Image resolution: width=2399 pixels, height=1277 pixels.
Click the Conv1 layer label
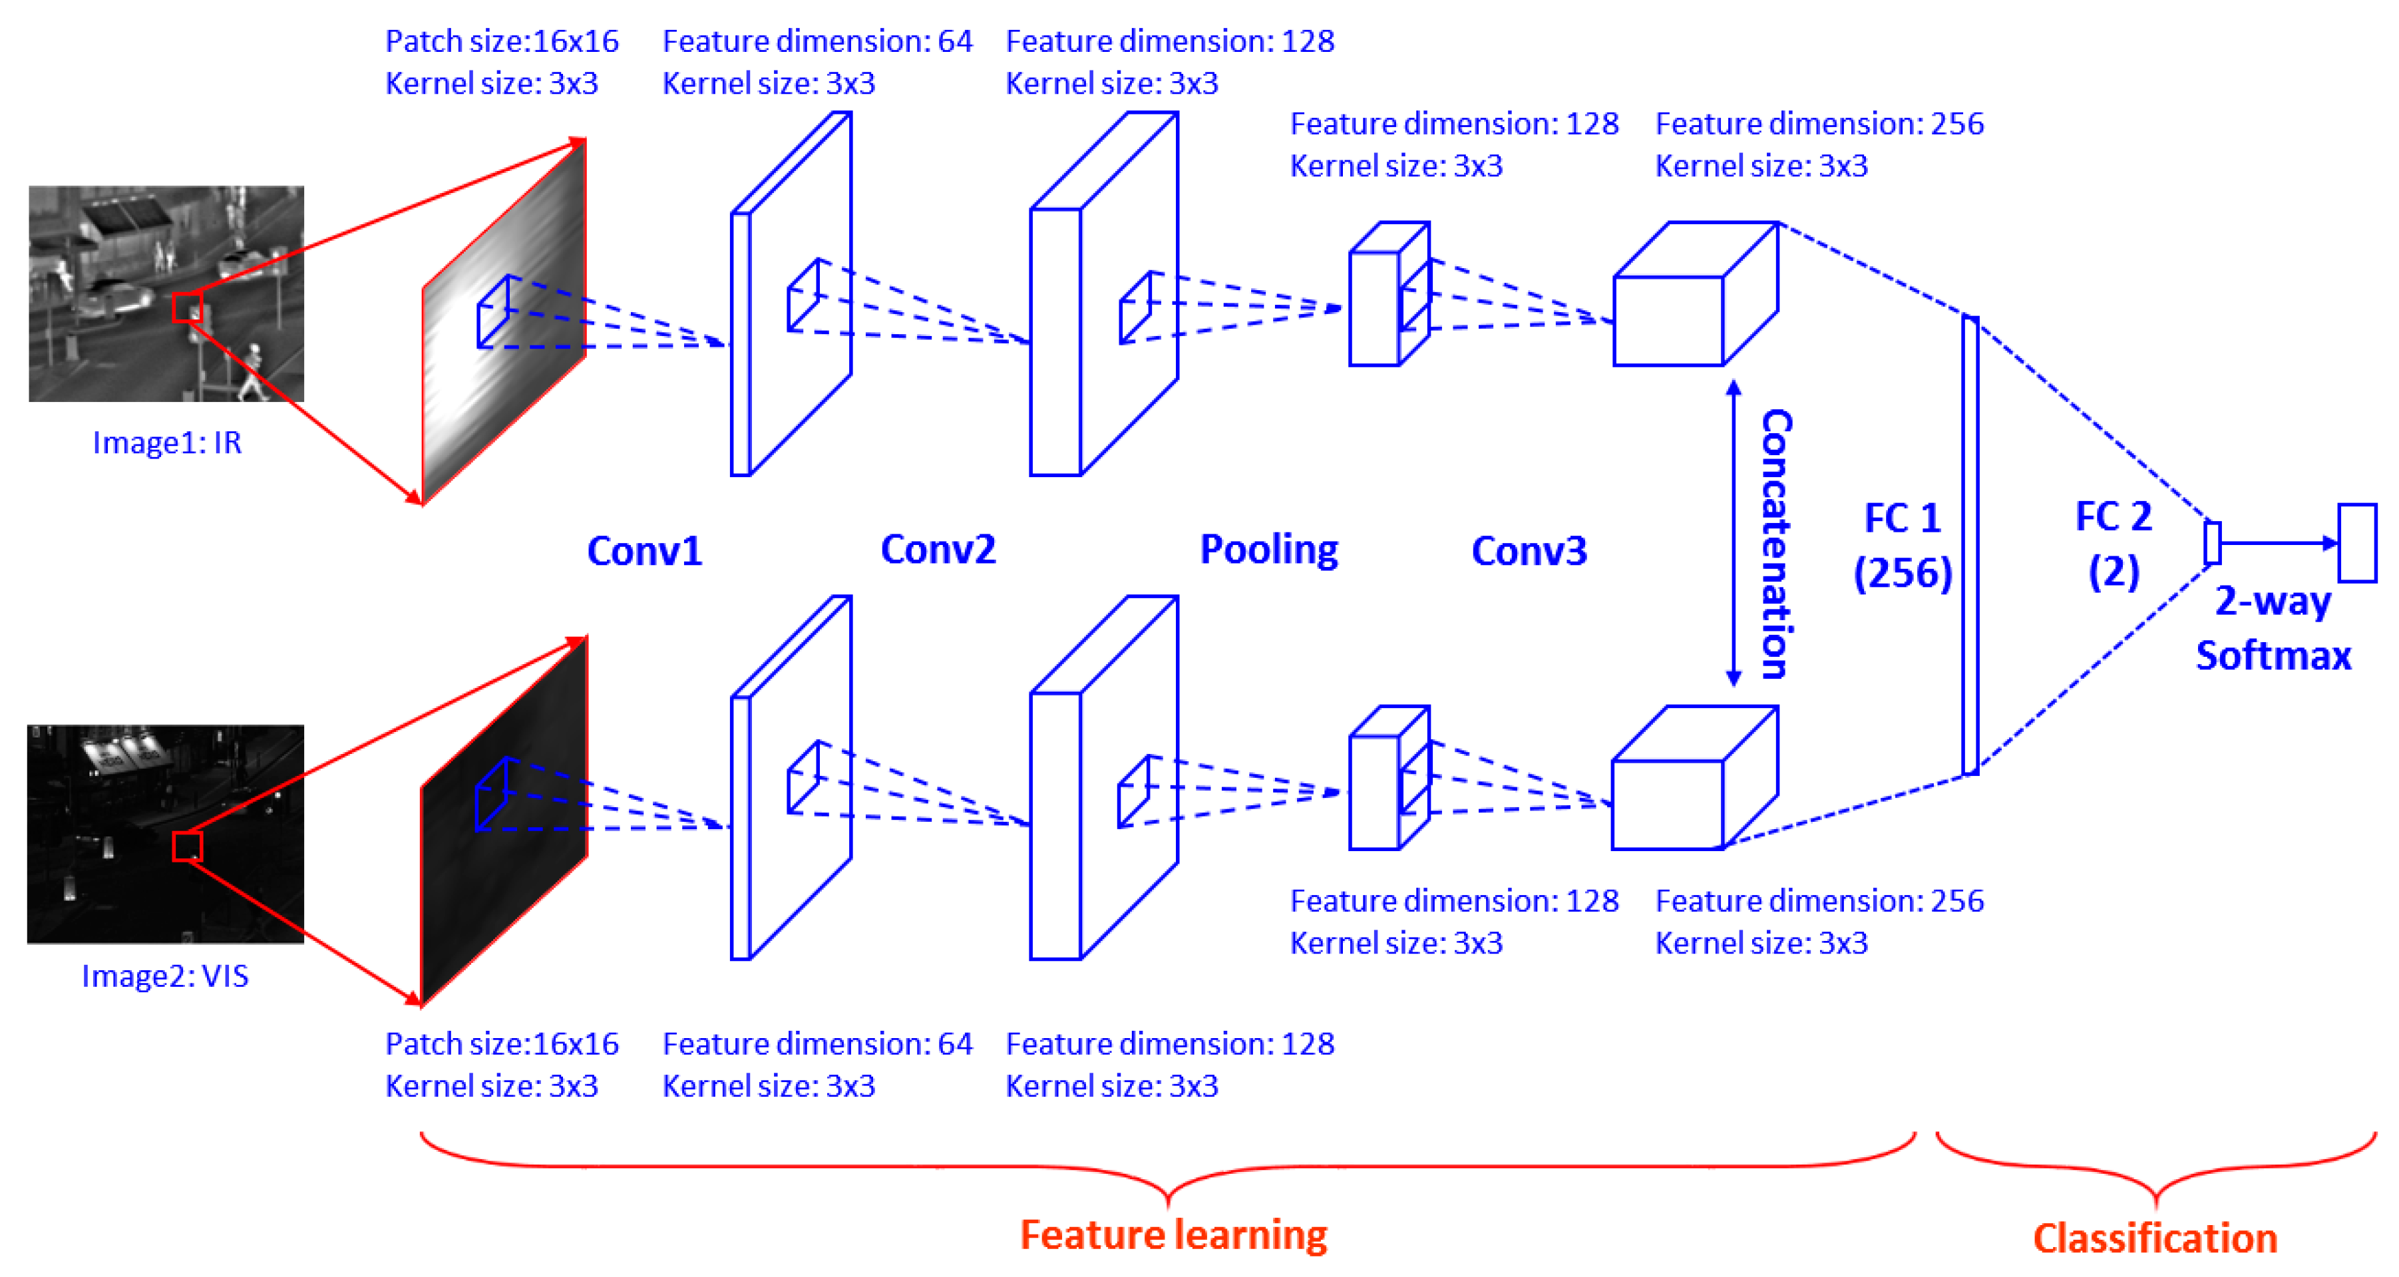point(644,550)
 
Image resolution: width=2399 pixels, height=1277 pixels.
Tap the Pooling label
point(1268,550)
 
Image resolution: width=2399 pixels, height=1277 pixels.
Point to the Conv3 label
point(1529,550)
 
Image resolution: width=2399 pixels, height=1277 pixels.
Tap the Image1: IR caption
point(167,443)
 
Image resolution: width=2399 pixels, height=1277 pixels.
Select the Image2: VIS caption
point(165,976)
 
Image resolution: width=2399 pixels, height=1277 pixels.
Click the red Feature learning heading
point(1173,1235)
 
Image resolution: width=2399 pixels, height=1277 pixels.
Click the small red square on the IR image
point(187,307)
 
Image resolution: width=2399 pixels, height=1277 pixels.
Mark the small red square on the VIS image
point(187,846)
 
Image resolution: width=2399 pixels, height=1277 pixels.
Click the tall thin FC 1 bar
point(1970,545)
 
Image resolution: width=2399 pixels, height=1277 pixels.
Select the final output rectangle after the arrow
point(2357,543)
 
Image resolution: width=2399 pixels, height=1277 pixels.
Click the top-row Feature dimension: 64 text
point(817,42)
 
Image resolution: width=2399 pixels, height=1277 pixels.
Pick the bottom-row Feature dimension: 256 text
point(1819,901)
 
